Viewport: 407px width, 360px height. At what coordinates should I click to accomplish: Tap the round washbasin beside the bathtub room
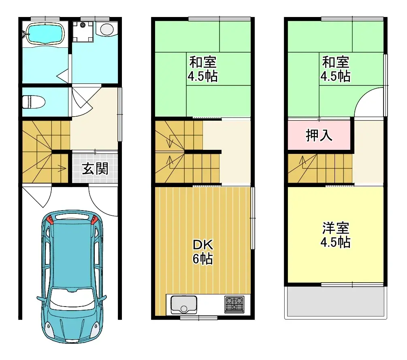107,29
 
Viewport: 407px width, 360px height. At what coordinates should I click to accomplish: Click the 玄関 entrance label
96,168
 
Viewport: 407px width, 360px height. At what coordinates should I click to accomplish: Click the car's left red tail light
50,220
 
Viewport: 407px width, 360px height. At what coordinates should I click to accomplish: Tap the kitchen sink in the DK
183,305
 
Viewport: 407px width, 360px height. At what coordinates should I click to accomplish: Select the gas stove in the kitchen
234,305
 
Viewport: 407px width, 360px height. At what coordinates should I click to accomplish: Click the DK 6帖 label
202,251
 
